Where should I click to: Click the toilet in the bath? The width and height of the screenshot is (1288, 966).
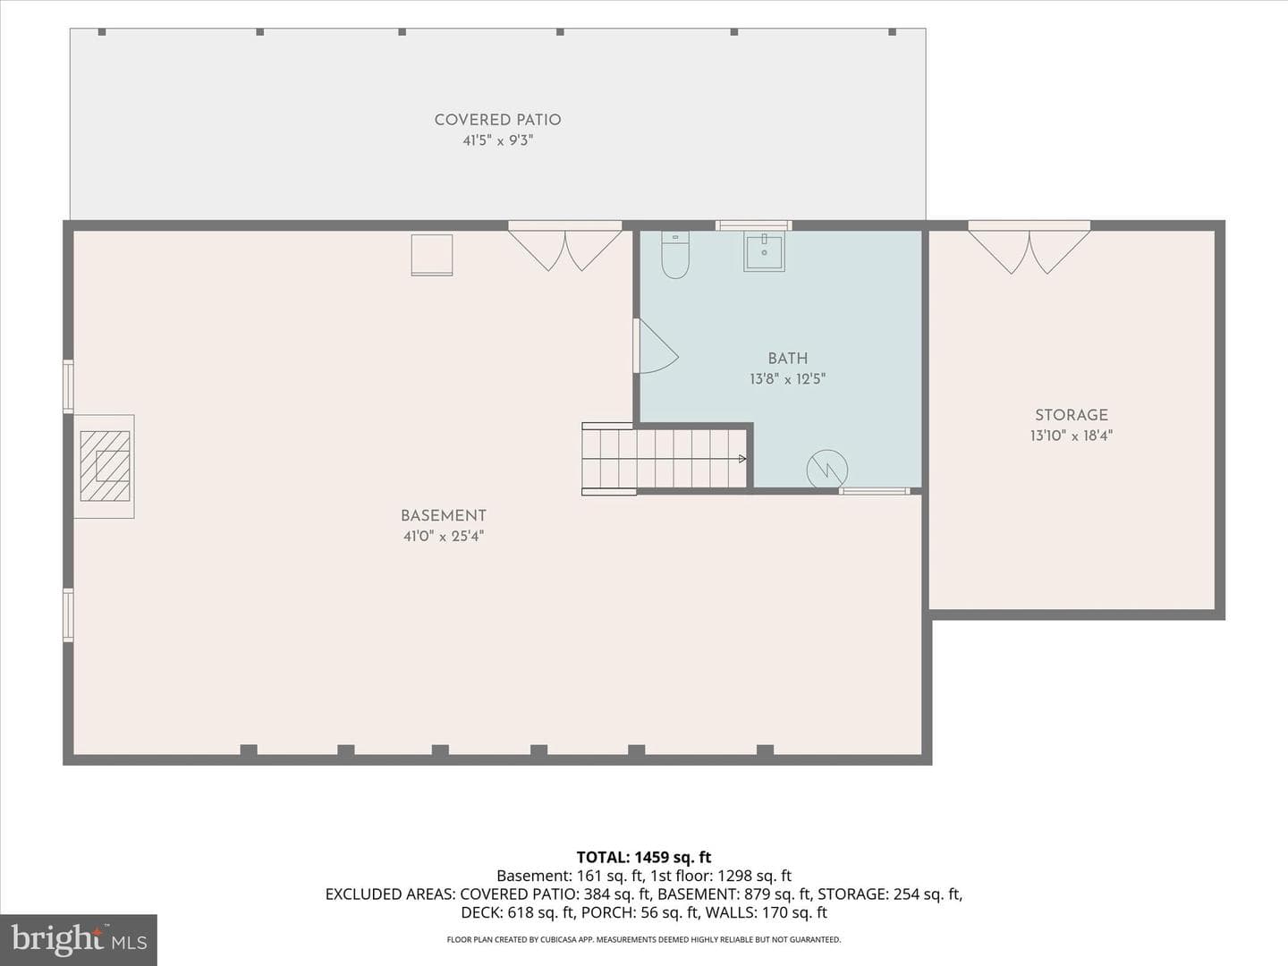pos(674,255)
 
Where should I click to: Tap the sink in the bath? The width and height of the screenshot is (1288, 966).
pos(764,251)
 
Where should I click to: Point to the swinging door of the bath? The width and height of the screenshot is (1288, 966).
pos(656,346)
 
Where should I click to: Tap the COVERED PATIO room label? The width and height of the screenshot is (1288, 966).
pos(497,120)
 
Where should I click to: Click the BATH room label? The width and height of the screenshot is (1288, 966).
pos(787,358)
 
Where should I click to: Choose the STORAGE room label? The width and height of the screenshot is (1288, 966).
pos(1072,415)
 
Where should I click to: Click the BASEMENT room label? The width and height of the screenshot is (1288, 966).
pos(444,516)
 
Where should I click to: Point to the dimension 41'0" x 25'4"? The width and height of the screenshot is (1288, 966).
pos(444,536)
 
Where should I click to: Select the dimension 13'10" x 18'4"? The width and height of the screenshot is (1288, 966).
pos(1072,436)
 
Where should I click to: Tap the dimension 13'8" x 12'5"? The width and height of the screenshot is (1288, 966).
pos(787,379)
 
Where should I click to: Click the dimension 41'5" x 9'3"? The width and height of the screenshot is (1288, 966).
pos(497,140)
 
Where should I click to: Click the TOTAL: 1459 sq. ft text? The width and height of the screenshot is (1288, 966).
pos(644,858)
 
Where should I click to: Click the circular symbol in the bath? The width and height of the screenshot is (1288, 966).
pos(827,470)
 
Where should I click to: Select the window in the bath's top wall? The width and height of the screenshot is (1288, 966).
pos(753,225)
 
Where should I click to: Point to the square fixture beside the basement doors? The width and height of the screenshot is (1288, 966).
pos(432,255)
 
